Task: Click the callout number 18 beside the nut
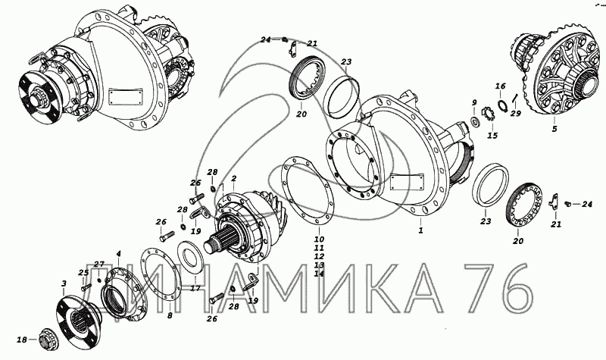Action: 22,340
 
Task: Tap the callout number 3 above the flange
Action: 64,283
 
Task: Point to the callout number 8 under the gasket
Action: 170,316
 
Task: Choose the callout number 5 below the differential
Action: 554,129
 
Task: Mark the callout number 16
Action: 500,86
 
